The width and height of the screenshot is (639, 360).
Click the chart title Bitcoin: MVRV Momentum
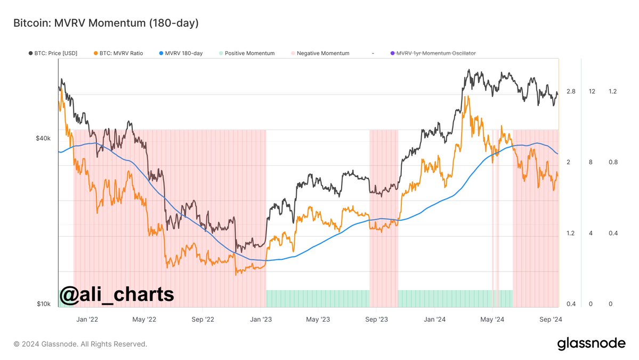[106, 23]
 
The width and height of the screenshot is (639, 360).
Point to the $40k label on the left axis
[43, 138]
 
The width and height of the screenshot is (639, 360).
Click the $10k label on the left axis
[44, 304]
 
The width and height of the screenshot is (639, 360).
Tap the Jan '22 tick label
[87, 319]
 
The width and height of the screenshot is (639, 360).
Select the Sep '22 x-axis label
[203, 319]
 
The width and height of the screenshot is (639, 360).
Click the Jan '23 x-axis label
[261, 319]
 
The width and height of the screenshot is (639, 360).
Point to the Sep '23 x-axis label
[377, 319]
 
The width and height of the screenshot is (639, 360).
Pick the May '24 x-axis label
[492, 319]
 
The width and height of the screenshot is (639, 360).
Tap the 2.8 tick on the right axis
[571, 92]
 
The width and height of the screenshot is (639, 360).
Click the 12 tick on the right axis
[592, 92]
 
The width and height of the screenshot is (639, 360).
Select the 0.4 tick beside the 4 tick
[613, 233]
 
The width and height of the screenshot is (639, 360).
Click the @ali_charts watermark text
[116, 294]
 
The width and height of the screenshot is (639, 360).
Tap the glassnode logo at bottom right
[591, 344]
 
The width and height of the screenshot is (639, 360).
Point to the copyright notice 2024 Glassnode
[80, 344]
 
